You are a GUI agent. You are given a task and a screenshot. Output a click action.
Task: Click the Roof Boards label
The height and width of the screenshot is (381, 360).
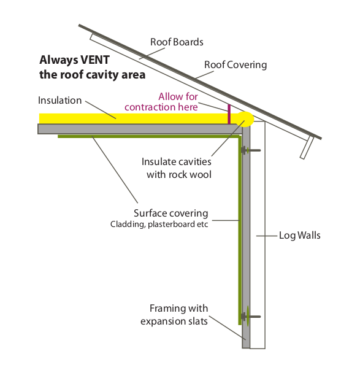tap(177, 42)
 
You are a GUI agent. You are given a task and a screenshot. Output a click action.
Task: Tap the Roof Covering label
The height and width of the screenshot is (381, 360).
tap(236, 65)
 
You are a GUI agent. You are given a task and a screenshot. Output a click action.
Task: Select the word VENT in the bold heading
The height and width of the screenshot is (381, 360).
tap(95, 60)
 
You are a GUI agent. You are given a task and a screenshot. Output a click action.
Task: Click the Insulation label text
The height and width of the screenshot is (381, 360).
tap(59, 101)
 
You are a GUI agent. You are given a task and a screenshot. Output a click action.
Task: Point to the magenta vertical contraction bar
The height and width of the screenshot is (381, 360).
tap(229, 114)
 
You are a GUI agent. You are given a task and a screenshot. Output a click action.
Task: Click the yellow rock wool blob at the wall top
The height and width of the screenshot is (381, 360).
tap(245, 119)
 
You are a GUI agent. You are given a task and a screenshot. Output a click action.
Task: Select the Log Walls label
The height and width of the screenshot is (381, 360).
tap(299, 236)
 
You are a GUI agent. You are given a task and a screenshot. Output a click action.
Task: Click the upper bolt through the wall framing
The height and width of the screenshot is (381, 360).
tap(251, 150)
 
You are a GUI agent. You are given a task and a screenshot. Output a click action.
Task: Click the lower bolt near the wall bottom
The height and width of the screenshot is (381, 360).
tap(251, 317)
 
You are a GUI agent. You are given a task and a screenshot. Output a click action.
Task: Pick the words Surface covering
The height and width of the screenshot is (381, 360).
tap(170, 214)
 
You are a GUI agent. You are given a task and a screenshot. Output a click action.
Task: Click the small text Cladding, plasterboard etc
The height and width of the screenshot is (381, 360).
tap(159, 224)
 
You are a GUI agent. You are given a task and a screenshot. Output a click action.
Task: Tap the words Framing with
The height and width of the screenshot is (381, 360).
tap(179, 309)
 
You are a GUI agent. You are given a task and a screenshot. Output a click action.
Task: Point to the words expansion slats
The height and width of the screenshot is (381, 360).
tap(174, 321)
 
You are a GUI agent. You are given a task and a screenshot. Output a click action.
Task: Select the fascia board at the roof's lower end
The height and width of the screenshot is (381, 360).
tap(307, 147)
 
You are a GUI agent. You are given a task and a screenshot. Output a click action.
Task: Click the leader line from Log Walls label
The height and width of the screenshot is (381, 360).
tap(267, 236)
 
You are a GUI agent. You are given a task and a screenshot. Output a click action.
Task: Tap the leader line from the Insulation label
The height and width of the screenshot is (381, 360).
tap(101, 110)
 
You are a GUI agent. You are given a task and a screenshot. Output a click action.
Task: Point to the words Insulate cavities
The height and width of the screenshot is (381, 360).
tap(177, 162)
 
